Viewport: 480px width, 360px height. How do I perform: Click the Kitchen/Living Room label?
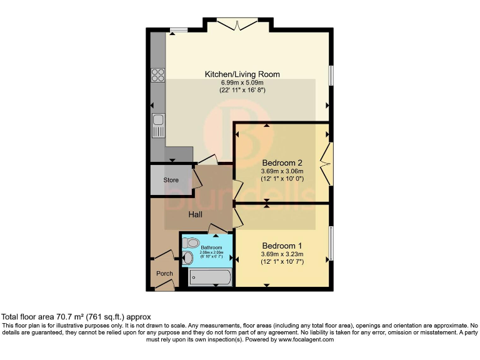[242, 74]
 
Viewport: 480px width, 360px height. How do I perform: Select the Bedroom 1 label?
[282, 245]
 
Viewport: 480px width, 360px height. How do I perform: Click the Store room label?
[171, 180]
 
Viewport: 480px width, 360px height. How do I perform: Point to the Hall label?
[196, 214]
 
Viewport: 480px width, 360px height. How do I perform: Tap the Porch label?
[164, 274]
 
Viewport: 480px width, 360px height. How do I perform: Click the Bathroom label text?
[202, 248]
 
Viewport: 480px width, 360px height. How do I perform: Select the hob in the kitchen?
[158, 76]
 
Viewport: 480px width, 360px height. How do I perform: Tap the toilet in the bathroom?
[192, 242]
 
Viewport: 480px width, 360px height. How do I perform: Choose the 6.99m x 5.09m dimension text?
[242, 82]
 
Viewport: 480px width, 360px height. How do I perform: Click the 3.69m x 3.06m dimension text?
[282, 171]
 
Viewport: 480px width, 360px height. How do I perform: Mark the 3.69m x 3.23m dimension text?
[282, 254]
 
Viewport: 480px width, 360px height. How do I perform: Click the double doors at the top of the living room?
[239, 24]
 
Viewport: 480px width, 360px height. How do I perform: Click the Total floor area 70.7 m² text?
[76, 317]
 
